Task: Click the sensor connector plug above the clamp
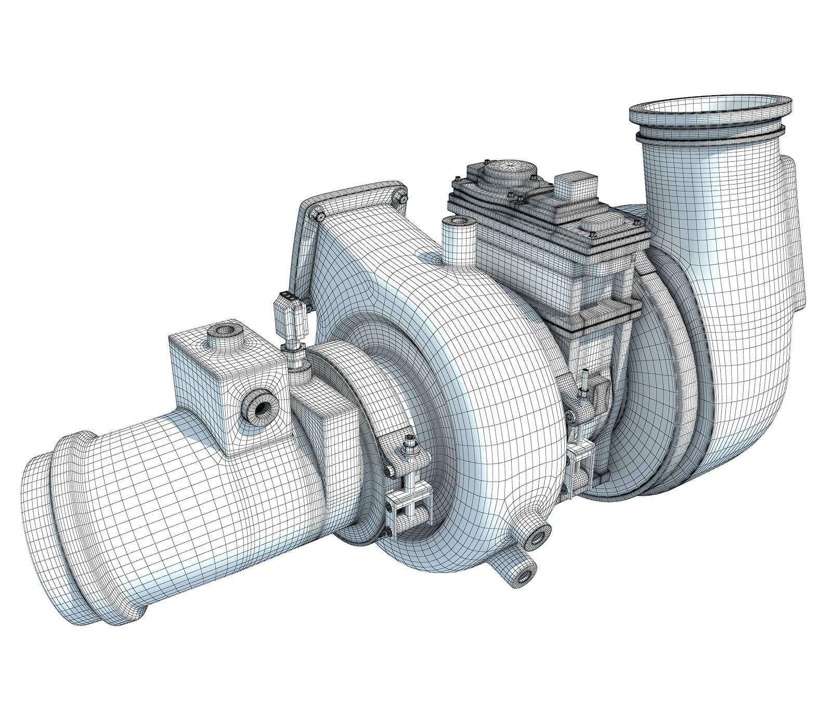click(289, 315)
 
